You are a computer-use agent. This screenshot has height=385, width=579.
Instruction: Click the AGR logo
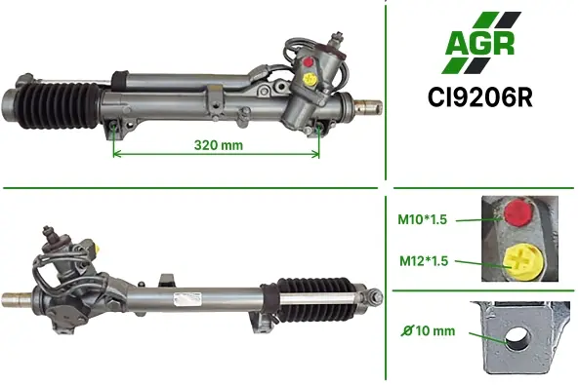(481, 43)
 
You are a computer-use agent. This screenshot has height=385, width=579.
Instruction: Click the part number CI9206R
(479, 97)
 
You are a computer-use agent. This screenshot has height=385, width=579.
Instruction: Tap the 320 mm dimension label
(219, 145)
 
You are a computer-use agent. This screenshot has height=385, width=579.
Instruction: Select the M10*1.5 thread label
(422, 219)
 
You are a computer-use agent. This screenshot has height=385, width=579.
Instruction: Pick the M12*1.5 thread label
(424, 260)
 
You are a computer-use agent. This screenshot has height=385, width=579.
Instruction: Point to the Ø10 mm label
(429, 330)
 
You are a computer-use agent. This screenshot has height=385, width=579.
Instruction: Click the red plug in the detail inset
(517, 212)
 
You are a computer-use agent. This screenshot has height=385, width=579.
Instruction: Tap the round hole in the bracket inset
(517, 337)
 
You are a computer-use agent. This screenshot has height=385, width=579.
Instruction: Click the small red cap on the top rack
(308, 61)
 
